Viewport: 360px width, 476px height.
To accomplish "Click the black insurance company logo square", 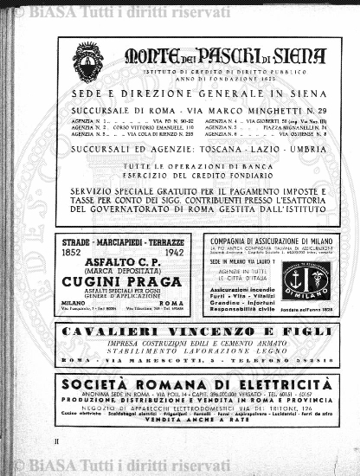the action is tap(305, 280).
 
